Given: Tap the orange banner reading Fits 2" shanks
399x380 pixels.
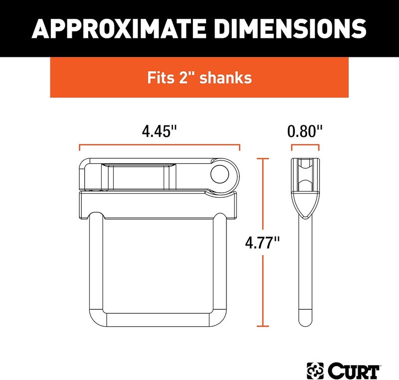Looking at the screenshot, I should (x=199, y=78).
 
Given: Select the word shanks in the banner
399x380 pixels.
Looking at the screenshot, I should (x=227, y=79).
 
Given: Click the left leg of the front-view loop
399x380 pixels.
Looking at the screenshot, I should (x=96, y=264).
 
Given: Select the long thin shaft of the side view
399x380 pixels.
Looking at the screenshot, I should (x=305, y=269).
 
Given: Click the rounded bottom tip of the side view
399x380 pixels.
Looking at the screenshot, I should (x=305, y=321).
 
